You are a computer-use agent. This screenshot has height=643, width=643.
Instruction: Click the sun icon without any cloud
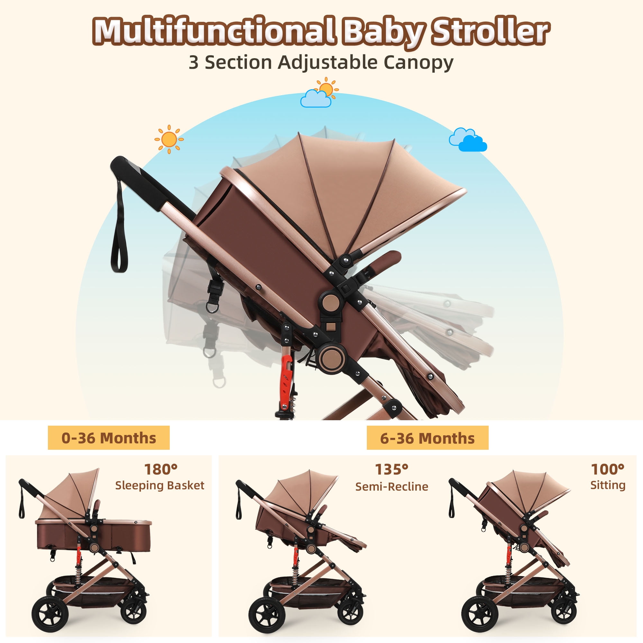pyautogui.click(x=169, y=139)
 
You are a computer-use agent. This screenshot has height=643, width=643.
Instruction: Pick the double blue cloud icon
pyautogui.click(x=467, y=140)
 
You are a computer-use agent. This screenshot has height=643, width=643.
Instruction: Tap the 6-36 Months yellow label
pyautogui.click(x=427, y=438)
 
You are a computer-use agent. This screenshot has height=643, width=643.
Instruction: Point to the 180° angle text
pyautogui.click(x=161, y=469)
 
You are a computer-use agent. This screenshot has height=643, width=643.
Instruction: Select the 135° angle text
pyautogui.click(x=391, y=469)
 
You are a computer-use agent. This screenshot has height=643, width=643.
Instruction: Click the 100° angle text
pyautogui.click(x=607, y=469)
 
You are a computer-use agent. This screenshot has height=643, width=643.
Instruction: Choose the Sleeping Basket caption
pyautogui.click(x=160, y=485)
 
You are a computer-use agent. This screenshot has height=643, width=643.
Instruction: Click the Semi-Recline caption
pyautogui.click(x=392, y=486)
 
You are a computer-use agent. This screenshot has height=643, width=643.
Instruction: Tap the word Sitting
pyautogui.click(x=608, y=485)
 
